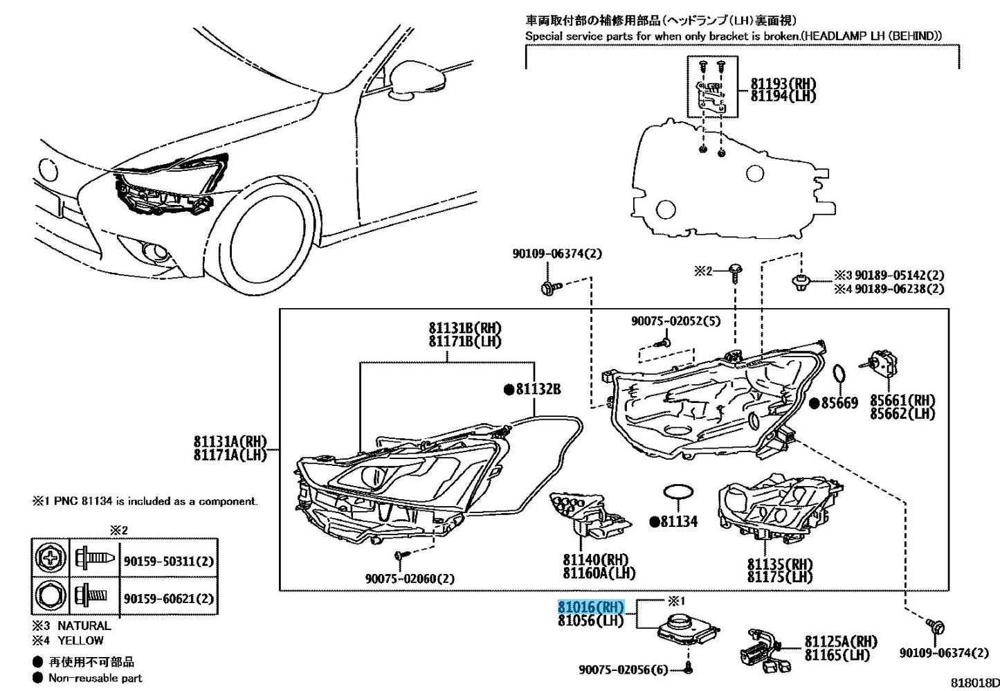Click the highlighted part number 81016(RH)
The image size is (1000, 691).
coord(591,607)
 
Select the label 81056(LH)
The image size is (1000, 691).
coord(590,621)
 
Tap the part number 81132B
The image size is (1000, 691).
coord(538,390)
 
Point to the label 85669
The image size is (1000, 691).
coord(839,403)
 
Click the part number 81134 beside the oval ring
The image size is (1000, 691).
coord(678,521)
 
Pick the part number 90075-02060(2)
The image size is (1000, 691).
coord(410,578)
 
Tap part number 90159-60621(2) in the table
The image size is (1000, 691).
coord(169,598)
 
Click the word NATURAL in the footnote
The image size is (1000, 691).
coord(84,626)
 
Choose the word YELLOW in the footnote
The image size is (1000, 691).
coord(80,640)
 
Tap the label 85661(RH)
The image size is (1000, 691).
coord(902,400)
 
